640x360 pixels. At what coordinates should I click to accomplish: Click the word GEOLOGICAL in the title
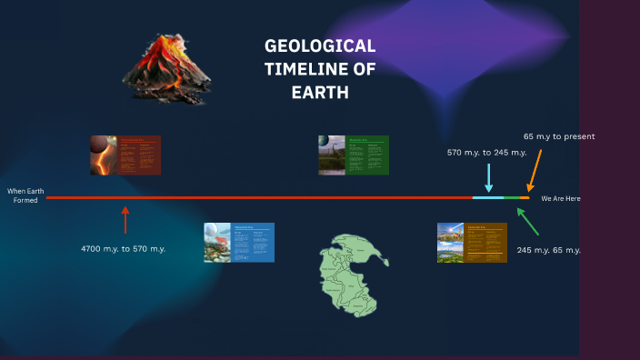click(x=320, y=46)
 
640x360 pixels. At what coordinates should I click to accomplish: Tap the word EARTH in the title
click(x=320, y=93)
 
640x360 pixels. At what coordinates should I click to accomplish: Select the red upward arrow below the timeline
click(x=125, y=220)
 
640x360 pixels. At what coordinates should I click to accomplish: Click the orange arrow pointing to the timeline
click(x=535, y=170)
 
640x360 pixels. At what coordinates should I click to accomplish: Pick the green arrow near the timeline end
click(x=527, y=221)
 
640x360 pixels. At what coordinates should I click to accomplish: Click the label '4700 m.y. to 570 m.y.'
click(x=123, y=248)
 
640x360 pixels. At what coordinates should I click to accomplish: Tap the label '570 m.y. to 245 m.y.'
click(x=486, y=153)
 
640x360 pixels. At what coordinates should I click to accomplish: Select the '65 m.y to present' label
click(x=559, y=136)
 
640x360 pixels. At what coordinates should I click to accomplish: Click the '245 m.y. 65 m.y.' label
click(x=548, y=250)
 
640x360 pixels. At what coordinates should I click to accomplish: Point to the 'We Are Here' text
click(x=560, y=198)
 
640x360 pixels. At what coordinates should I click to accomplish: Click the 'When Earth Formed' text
click(x=25, y=195)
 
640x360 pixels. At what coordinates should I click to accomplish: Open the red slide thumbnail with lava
click(x=125, y=155)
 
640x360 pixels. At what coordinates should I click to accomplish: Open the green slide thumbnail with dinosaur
click(x=354, y=155)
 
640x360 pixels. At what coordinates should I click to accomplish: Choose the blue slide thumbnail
click(x=239, y=243)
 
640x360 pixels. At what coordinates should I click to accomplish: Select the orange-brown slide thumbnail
click(x=472, y=243)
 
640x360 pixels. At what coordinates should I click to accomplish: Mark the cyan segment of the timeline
click(x=487, y=197)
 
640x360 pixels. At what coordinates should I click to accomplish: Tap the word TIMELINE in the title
click(x=320, y=70)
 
